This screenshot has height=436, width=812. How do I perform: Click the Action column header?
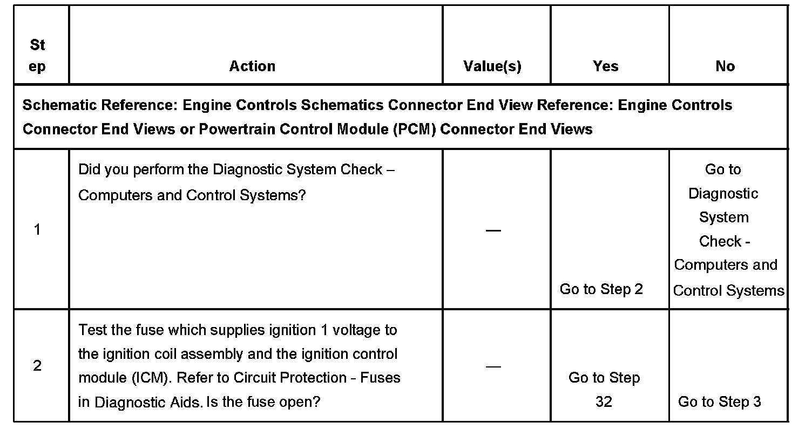point(252,66)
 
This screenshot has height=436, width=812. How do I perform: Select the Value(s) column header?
point(492,66)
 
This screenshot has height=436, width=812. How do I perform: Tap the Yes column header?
point(605,66)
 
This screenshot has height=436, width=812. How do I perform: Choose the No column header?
point(725,66)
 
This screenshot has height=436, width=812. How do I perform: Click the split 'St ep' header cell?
point(37,56)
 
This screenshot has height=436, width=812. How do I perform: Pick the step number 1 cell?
point(37,230)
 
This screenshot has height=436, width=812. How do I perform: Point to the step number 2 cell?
point(37,366)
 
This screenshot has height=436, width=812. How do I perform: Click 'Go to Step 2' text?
point(601,289)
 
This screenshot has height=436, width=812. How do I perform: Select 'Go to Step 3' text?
point(720,402)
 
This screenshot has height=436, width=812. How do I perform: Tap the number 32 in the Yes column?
point(604,402)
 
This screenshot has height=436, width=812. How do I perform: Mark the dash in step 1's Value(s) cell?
point(493,230)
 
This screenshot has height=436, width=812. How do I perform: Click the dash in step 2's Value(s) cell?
point(493,366)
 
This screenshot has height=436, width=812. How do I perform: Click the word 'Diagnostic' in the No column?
point(723,193)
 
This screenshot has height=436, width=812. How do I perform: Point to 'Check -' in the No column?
point(724,241)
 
